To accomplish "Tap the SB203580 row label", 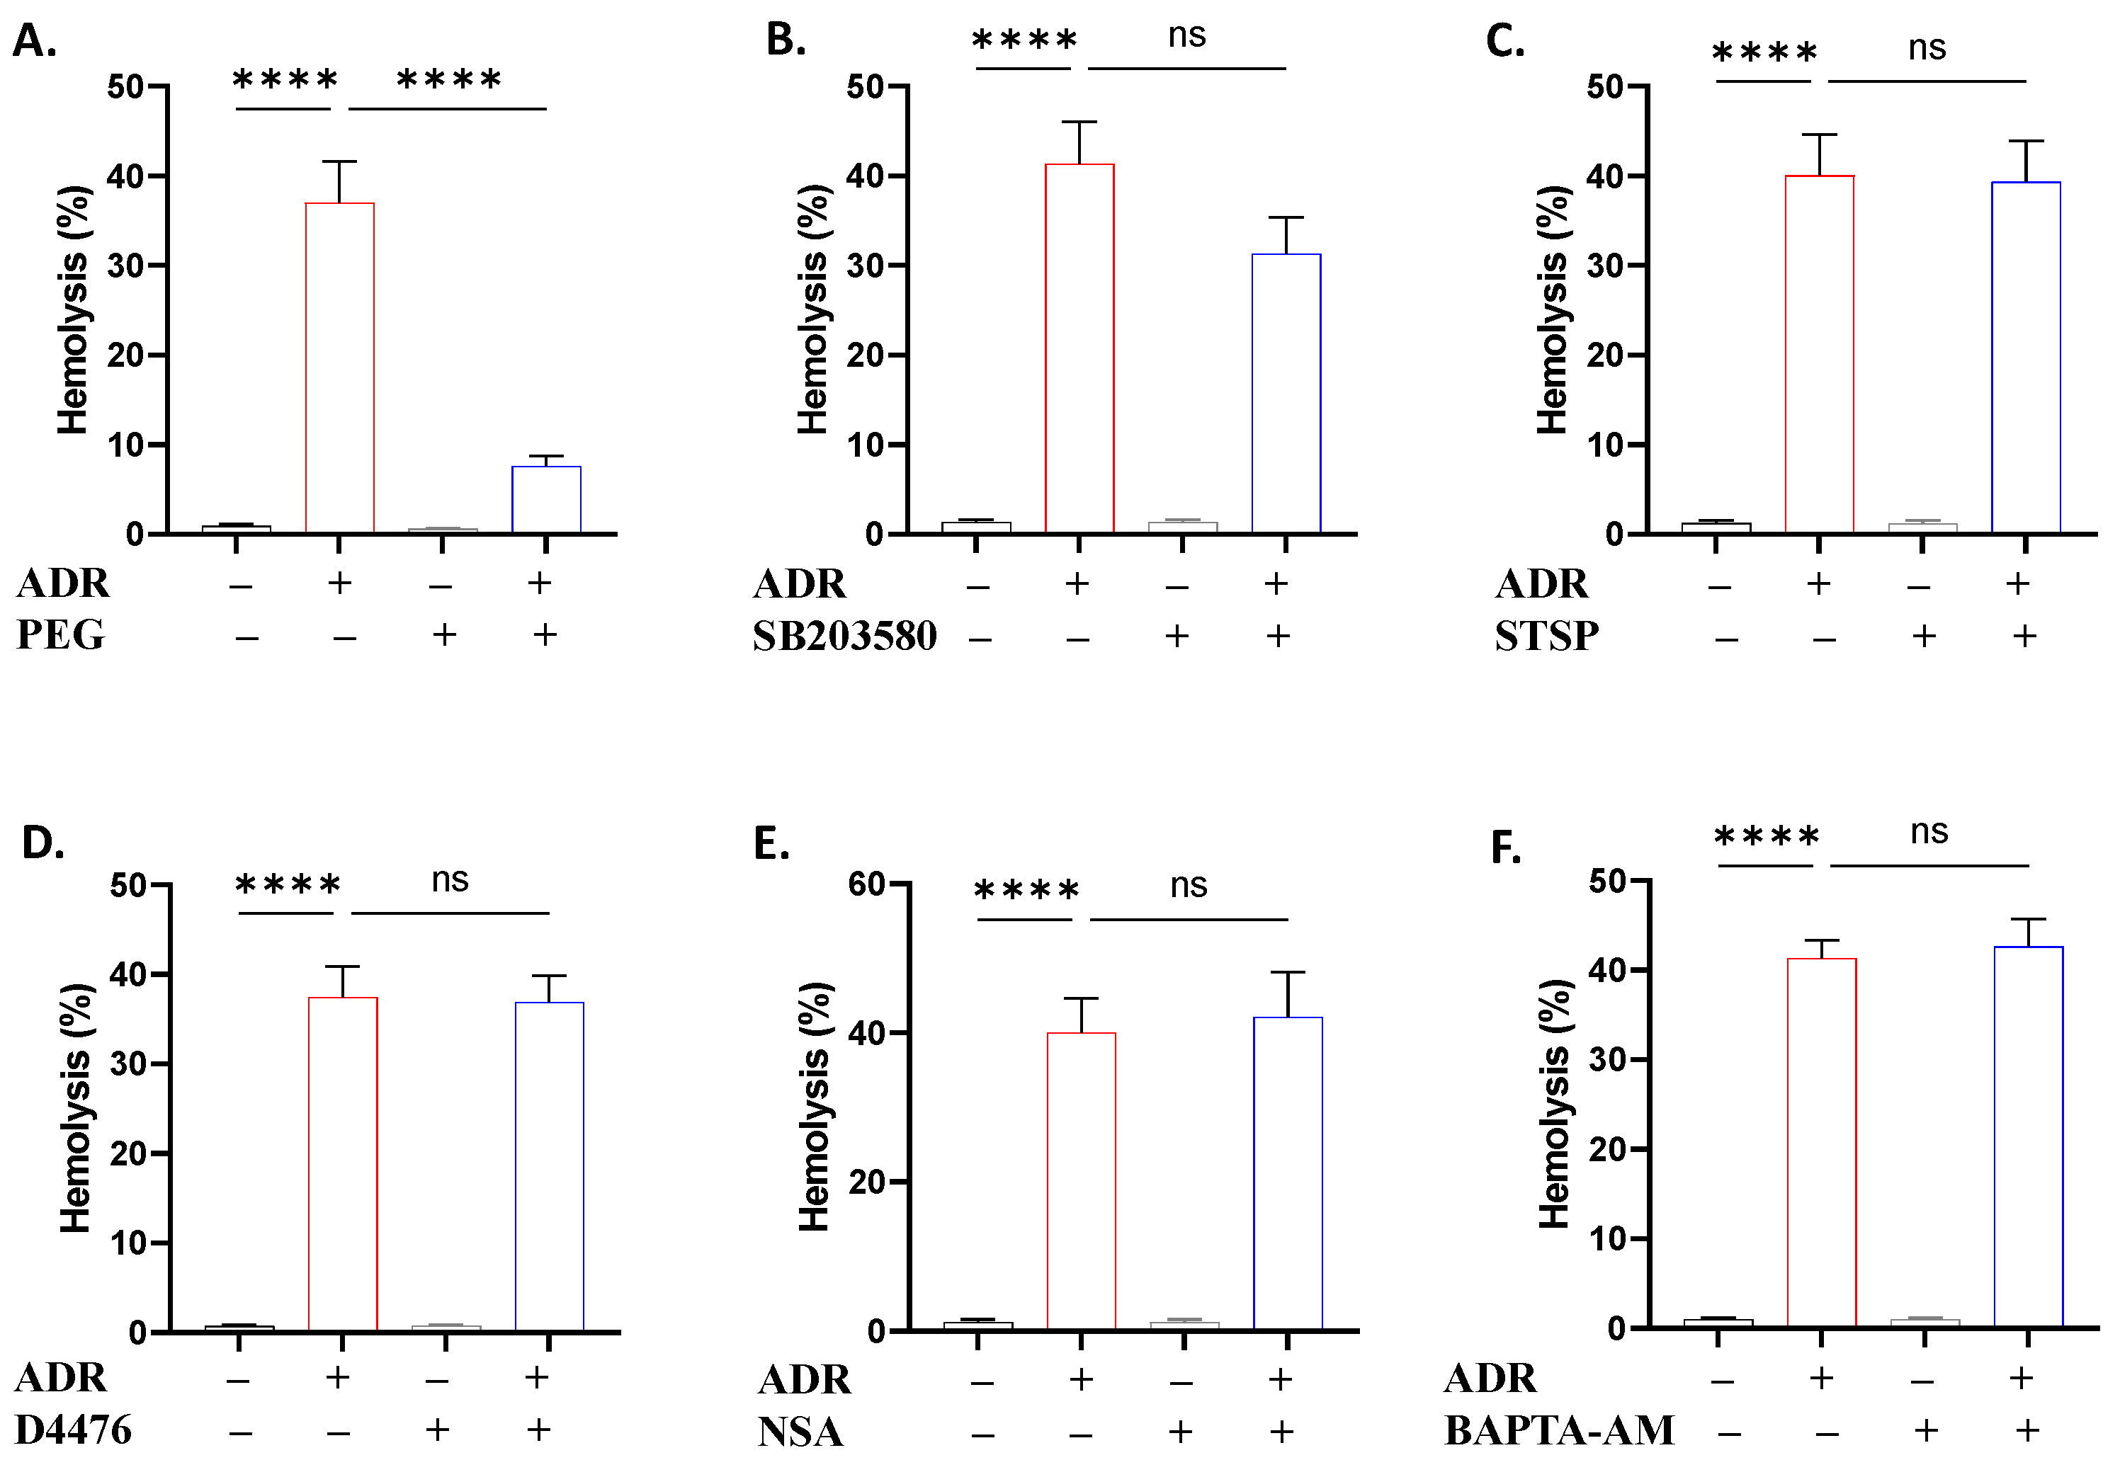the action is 844,636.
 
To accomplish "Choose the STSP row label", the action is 1547,636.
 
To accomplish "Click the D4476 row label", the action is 73,1430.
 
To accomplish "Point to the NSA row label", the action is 800,1432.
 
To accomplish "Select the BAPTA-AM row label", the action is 1559,1430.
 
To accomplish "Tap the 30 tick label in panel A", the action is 125,266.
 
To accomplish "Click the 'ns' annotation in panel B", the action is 1186,35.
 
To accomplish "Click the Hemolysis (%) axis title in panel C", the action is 1552,309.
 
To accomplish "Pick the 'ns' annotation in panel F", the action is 1929,831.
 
